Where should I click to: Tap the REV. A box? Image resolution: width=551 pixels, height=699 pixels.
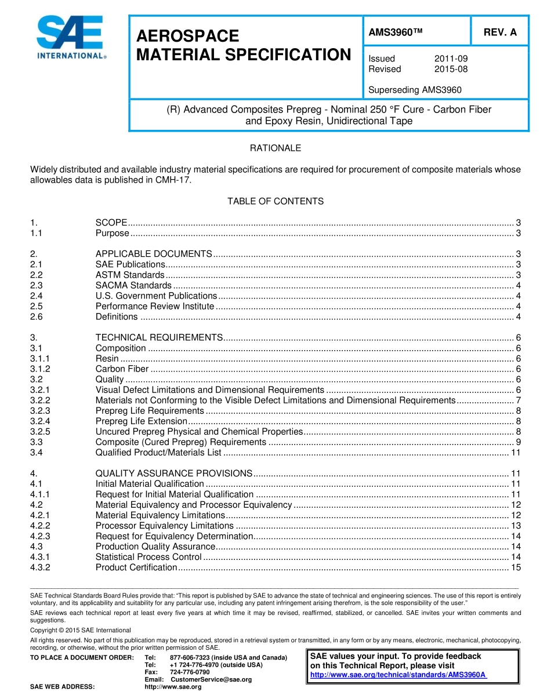499,32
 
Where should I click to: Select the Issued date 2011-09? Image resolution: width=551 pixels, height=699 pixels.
451,59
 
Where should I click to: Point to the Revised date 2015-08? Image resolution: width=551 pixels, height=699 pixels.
451,69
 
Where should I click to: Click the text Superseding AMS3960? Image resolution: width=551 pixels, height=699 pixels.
415,90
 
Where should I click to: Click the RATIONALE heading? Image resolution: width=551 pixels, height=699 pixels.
275,148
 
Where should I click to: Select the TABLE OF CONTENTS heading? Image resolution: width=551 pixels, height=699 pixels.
275,201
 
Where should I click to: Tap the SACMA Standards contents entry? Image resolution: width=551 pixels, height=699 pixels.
133,285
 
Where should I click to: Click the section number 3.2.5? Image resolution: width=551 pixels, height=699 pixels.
40,431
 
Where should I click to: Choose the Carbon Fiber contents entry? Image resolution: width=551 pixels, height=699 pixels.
122,369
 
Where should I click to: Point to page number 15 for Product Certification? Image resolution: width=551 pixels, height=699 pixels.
516,567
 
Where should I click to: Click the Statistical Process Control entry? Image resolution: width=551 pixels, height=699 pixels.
148,557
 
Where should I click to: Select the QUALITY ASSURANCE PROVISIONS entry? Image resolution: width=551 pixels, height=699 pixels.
173,473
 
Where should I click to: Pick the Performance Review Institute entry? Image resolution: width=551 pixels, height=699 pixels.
154,306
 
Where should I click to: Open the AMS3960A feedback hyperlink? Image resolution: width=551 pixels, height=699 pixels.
398,675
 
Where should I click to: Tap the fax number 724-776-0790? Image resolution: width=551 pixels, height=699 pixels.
190,672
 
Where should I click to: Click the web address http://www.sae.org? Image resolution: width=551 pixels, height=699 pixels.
173,687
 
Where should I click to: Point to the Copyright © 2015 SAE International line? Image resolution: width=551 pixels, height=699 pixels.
81,630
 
